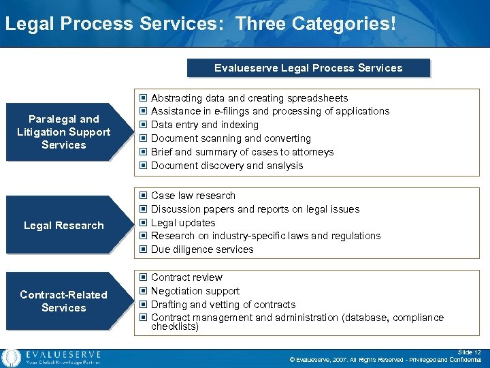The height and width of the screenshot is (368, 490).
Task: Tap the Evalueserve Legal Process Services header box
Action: point(308,68)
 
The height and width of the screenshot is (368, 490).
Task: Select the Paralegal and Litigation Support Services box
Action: point(63,132)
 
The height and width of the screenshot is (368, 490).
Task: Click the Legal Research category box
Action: point(63,226)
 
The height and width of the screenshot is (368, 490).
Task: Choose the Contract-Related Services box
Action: point(63,301)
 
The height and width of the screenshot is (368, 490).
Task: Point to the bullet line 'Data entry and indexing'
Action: point(204,125)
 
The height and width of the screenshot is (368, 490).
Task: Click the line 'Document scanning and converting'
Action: point(230,138)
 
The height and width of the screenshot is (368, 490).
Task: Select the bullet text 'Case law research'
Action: point(193,196)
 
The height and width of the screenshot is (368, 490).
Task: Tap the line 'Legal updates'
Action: point(182,223)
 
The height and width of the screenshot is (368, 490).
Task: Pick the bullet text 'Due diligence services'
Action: point(201,249)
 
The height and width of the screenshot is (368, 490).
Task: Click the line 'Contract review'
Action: point(186,277)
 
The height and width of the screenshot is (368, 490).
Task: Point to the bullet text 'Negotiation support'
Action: point(195,291)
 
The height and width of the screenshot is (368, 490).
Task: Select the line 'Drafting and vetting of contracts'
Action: point(223,305)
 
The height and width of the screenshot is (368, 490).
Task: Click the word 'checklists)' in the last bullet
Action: point(174,326)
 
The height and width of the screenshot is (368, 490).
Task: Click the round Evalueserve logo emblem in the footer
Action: point(11,357)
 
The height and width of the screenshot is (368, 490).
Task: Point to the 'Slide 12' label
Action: point(469,352)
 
